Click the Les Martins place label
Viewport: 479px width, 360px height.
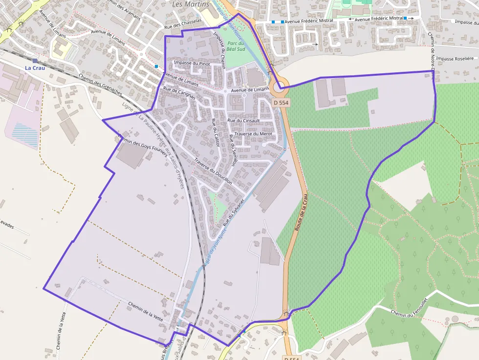[x=191, y=4]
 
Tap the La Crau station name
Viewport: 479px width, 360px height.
[x=35, y=67]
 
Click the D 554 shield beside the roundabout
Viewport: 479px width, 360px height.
[x=281, y=103]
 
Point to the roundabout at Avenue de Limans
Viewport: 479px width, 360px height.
[x=279, y=88]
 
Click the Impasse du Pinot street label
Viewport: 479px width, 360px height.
[x=192, y=64]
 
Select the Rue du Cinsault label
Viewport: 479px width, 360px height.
[x=243, y=120]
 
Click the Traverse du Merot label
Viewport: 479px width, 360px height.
[x=253, y=133]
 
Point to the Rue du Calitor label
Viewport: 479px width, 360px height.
[x=216, y=133]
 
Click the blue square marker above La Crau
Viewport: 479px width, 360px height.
[x=34, y=60]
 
